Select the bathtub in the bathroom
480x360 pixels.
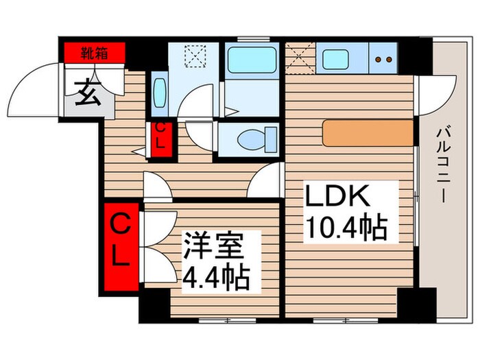(252, 60)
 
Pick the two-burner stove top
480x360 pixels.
(384, 60)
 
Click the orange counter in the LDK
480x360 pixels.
(368, 133)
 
